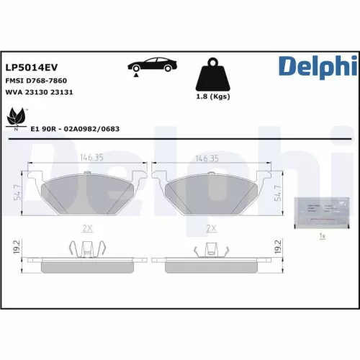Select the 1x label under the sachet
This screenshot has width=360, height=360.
pos(322,236)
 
